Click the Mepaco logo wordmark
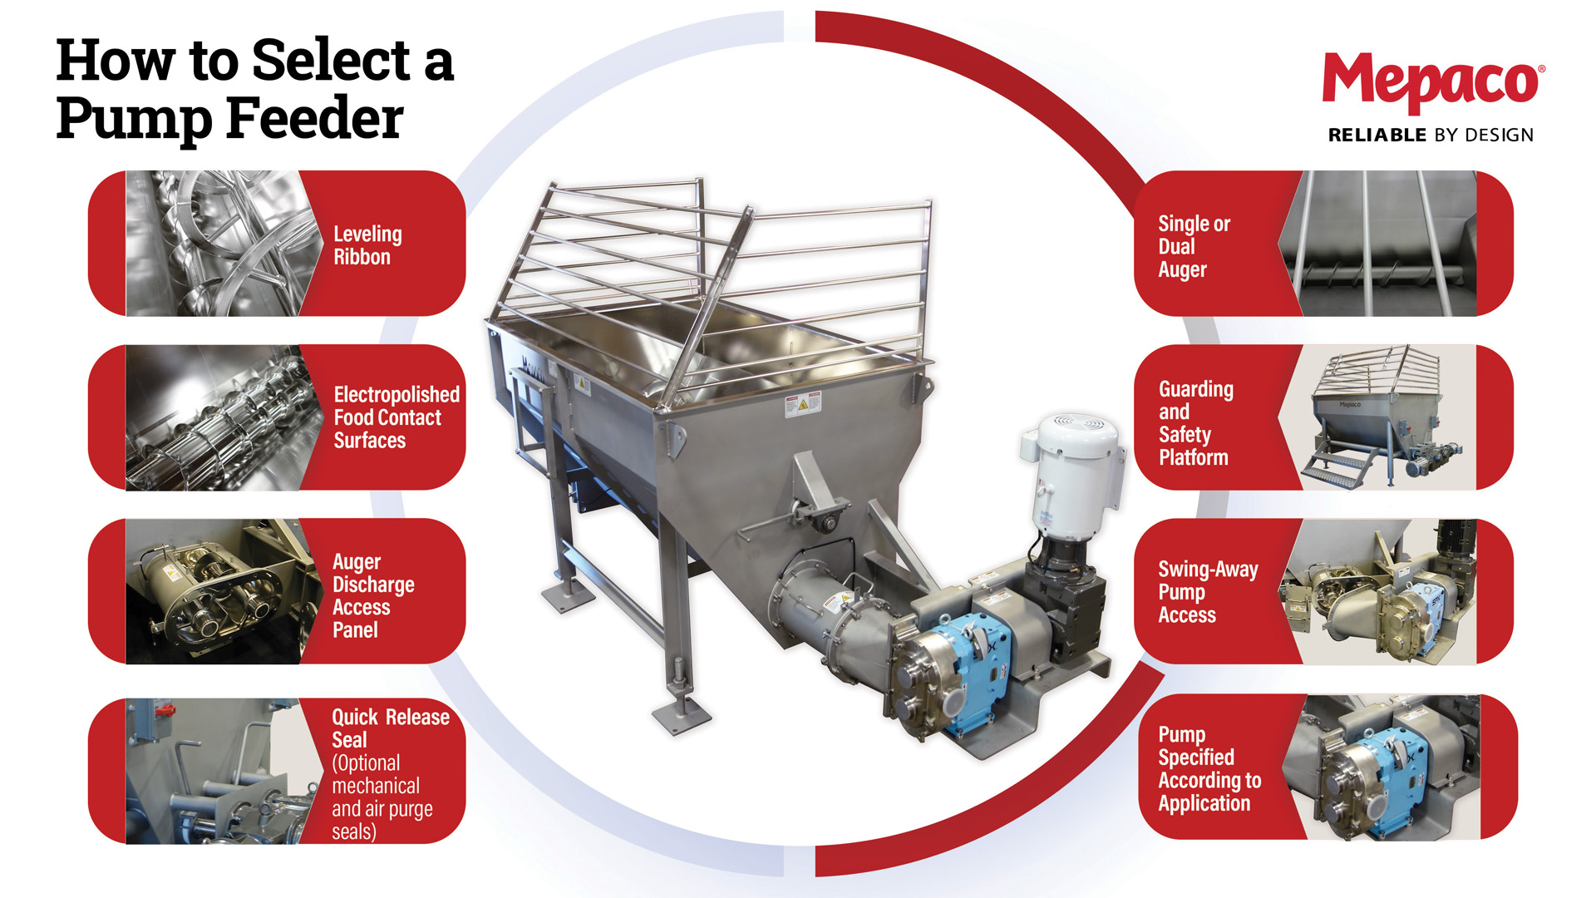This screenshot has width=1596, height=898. pos(1431,81)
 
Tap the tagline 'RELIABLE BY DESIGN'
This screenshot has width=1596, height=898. pos(1430,135)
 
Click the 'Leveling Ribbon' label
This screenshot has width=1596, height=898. pos(367,245)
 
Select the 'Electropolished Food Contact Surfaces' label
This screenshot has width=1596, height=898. pos(396,417)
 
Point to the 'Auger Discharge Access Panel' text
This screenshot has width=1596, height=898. pos(372,595)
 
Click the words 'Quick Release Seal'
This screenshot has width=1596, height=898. pos(390,728)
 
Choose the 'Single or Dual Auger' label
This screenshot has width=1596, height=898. pos(1193,246)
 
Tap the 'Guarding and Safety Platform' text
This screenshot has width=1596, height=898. pos(1195,423)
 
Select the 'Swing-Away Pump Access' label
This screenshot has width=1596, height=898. pos(1207,592)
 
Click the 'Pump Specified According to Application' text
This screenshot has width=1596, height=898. pos(1209,769)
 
